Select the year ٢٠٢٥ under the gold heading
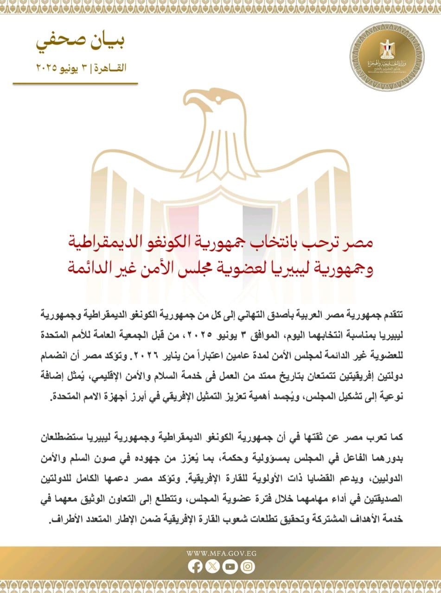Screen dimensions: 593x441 [x=47, y=68]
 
